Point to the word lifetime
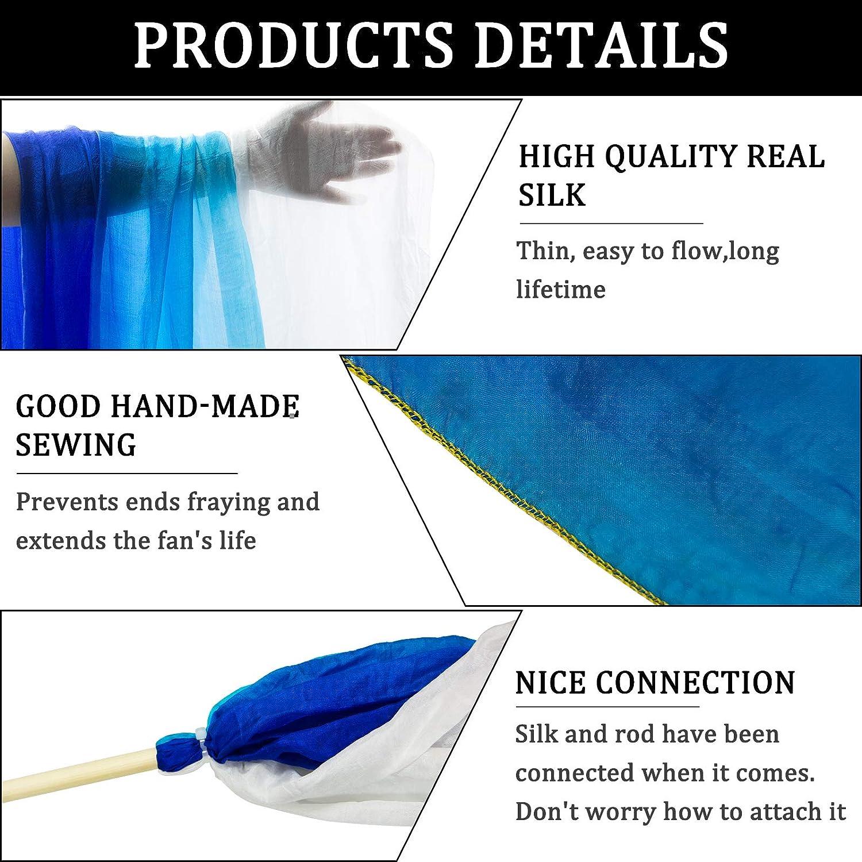point(560,289)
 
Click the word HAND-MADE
point(205,406)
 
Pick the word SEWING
point(76,445)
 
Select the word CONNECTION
point(695,683)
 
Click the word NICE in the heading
point(550,683)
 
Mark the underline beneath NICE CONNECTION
point(607,706)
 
